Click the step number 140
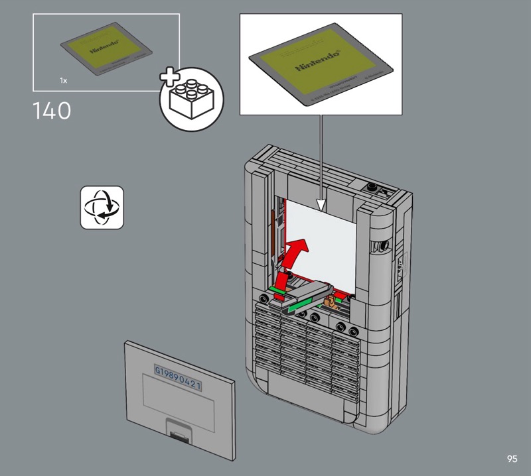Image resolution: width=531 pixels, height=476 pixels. pyautogui.click(x=51, y=111)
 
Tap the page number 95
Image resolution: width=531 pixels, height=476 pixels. pyautogui.click(x=511, y=459)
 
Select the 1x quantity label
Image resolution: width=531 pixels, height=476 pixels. pyautogui.click(x=63, y=80)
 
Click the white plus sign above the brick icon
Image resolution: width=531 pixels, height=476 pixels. pyautogui.click(x=171, y=78)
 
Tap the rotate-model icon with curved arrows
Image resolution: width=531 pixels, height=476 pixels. pyautogui.click(x=102, y=207)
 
